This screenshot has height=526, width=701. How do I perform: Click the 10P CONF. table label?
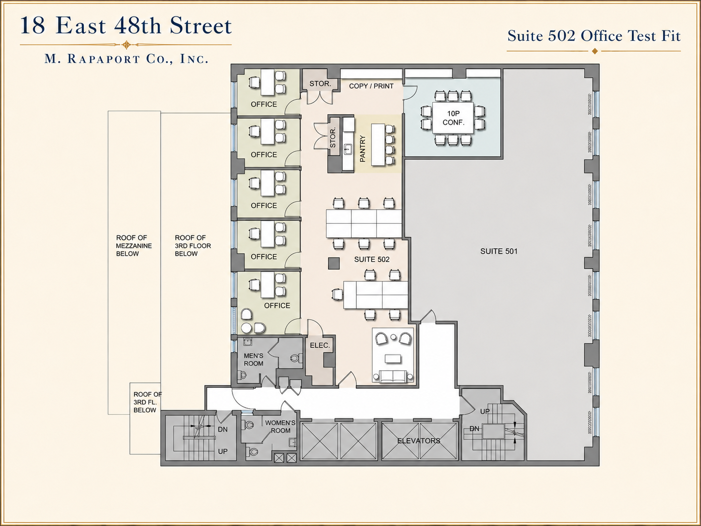tap(453, 118)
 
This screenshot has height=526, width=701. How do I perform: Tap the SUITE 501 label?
tap(499, 251)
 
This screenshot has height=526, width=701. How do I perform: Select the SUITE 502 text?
tap(372, 259)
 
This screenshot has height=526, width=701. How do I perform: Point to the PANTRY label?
tap(363, 149)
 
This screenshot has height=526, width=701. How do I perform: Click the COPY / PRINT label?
tap(371, 86)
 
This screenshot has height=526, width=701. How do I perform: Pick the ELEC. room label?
tap(320, 345)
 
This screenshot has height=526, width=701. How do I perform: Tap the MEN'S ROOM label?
tap(254, 359)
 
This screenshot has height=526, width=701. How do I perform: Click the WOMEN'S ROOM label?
tap(280, 427)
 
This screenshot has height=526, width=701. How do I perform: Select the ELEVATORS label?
tap(419, 441)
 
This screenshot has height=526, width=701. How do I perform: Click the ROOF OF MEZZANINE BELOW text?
tap(134, 246)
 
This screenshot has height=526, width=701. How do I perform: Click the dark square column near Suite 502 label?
tap(334, 263)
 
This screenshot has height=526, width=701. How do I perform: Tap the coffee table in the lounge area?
tap(393, 358)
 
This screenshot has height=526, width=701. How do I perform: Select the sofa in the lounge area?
tap(393, 376)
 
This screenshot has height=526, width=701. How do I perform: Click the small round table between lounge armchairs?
tap(393, 336)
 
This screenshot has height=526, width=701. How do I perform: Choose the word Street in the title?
tap(200, 26)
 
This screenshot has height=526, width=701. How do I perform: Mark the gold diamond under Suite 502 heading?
tap(594, 51)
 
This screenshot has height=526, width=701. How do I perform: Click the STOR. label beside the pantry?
tap(333, 138)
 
